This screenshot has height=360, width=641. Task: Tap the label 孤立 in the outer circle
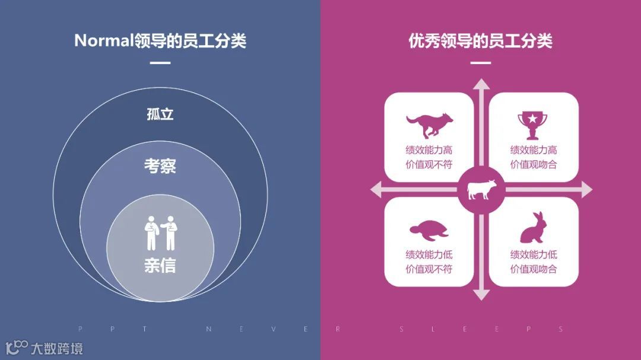(x=160, y=114)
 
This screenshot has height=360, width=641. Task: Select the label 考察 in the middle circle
(x=160, y=165)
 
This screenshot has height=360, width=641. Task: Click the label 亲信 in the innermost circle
(x=160, y=265)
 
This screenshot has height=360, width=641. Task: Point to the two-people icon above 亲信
(x=160, y=233)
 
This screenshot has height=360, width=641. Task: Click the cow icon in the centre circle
(x=481, y=190)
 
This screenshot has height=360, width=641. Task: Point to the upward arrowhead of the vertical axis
(x=481, y=84)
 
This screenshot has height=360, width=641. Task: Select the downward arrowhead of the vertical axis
(x=481, y=294)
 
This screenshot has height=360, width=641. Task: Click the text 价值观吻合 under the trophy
(x=534, y=165)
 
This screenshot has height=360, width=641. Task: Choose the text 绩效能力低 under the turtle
(x=429, y=254)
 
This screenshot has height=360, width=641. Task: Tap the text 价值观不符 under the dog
(x=429, y=165)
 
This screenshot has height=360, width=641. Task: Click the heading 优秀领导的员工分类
(x=480, y=41)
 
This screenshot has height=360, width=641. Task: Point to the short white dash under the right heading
(x=480, y=63)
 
